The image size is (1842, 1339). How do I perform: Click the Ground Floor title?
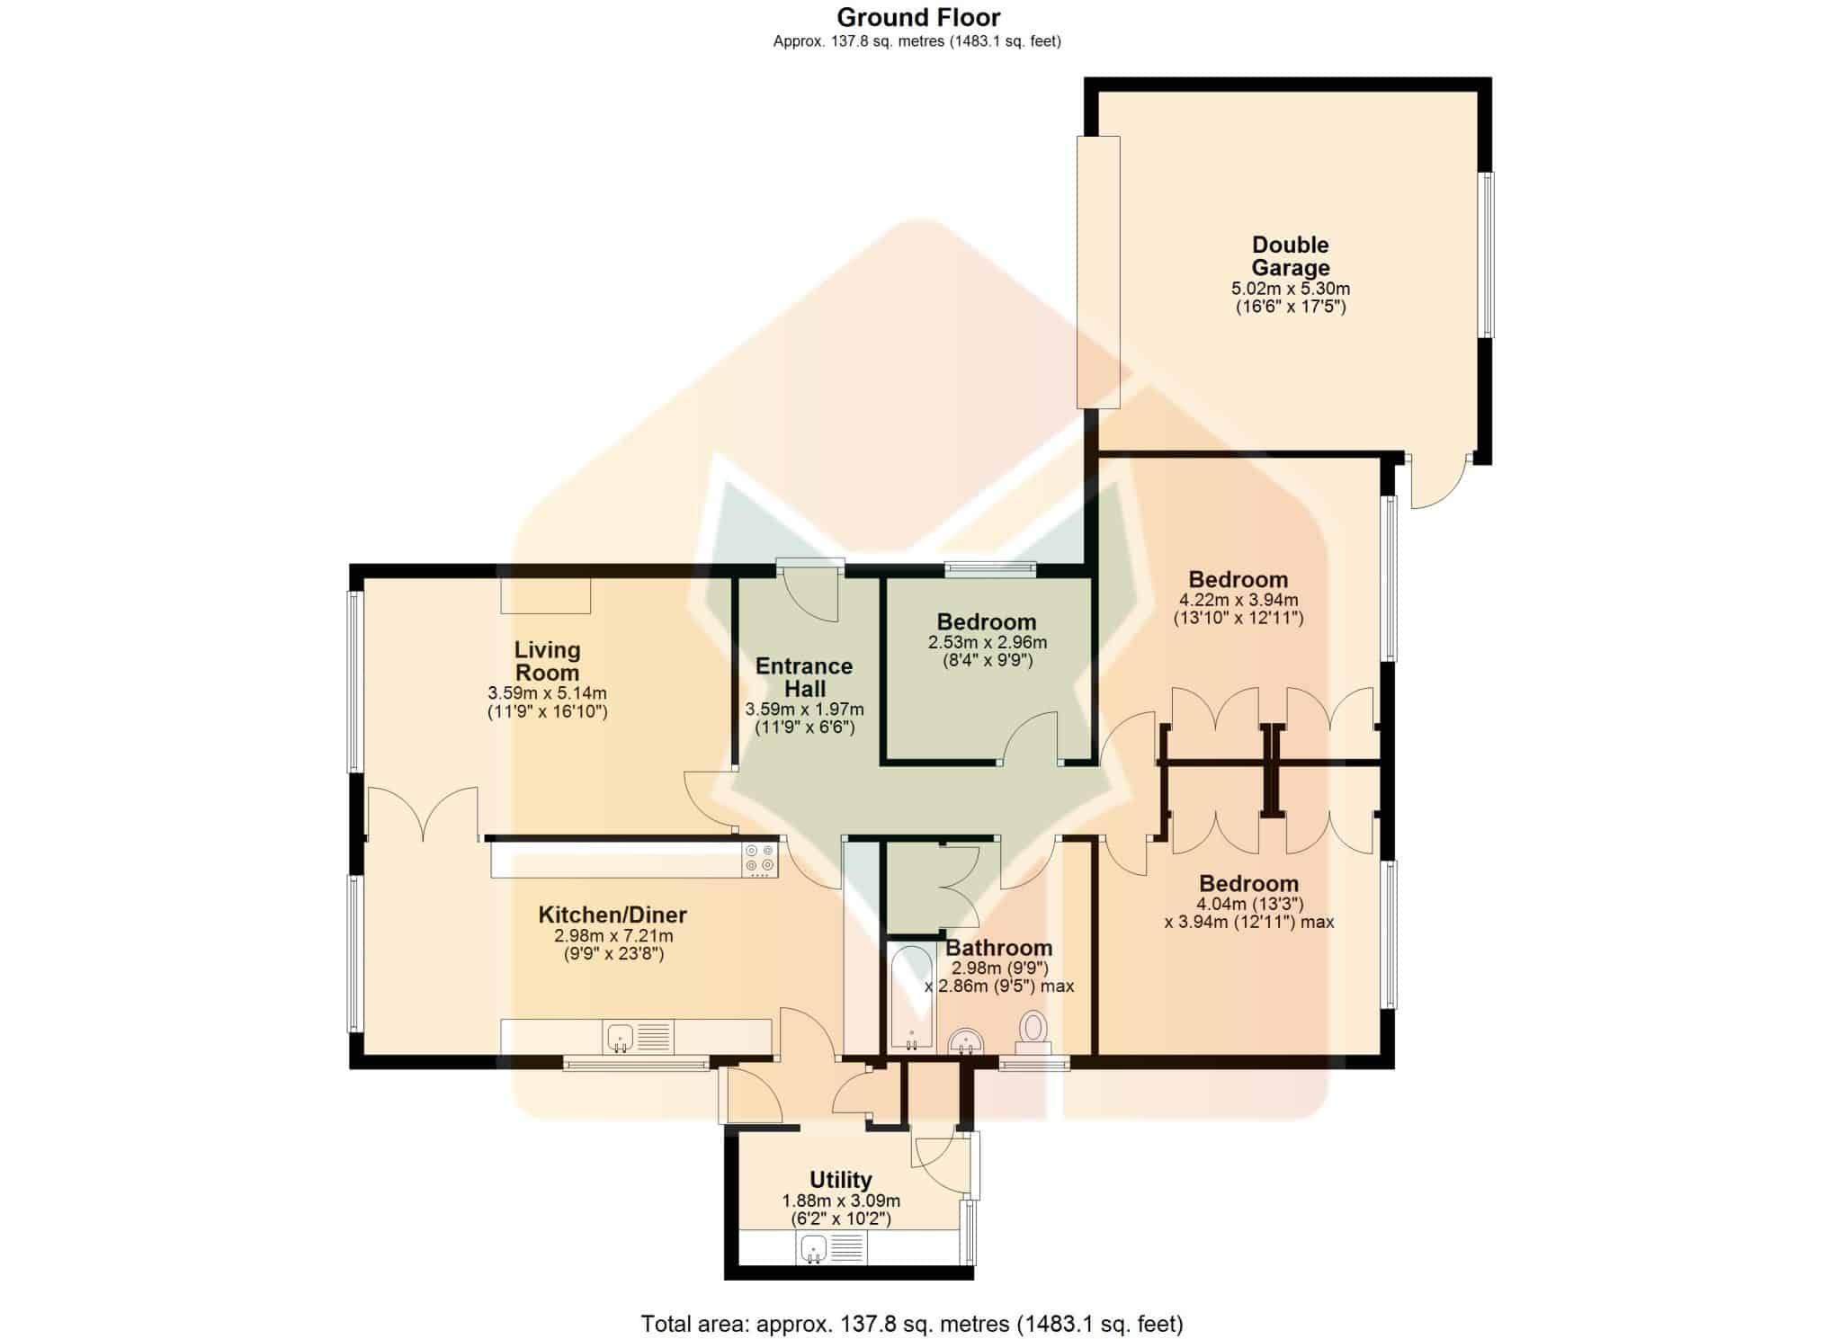click(x=918, y=17)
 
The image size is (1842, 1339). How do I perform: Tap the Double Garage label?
click(x=1291, y=256)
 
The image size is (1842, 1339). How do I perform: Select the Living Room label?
click(x=547, y=661)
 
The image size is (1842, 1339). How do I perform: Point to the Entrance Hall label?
click(x=804, y=677)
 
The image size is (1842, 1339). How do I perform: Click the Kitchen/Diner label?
click(x=613, y=915)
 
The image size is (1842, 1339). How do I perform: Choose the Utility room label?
click(x=841, y=1180)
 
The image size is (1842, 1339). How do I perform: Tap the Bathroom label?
click(x=998, y=948)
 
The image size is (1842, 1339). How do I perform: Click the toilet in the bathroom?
click(x=1033, y=1033)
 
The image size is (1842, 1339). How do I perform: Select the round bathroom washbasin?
click(x=967, y=1041)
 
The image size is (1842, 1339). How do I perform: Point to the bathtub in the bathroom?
click(x=911, y=996)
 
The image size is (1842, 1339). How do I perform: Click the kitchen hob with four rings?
click(x=760, y=860)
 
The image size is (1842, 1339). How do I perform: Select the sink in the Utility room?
click(x=832, y=1248)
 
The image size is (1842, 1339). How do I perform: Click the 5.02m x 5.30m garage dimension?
click(x=1291, y=290)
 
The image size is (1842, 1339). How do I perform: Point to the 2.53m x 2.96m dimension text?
click(x=988, y=643)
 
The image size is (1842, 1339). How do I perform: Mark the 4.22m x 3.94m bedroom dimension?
click(x=1238, y=600)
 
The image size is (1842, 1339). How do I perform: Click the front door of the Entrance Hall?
click(x=811, y=594)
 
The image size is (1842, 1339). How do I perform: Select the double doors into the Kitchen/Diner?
click(x=422, y=815)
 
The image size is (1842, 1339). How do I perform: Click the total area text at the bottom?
click(x=912, y=1324)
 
